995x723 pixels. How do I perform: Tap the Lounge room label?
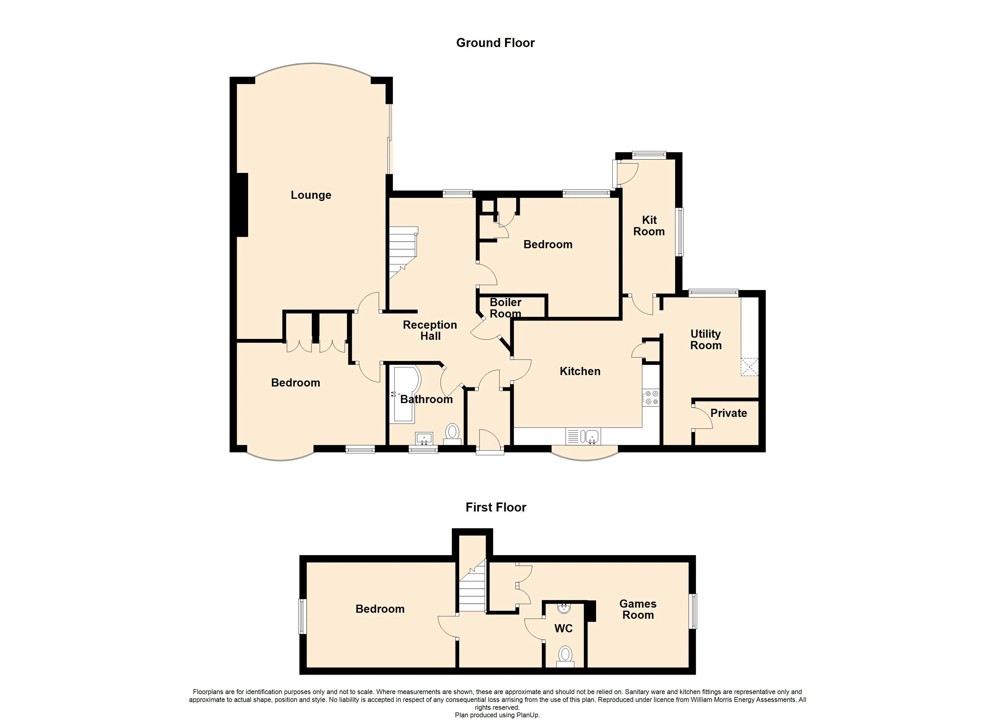[x=311, y=195]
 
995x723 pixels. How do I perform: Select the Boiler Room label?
[x=505, y=308]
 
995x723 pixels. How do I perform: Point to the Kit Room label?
[x=649, y=226]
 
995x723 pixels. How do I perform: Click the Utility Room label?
[x=706, y=340]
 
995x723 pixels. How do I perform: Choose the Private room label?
[x=729, y=413]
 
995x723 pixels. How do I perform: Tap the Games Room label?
[x=638, y=609]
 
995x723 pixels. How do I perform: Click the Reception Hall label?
[x=430, y=330]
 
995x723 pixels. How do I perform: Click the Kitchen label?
[x=580, y=371]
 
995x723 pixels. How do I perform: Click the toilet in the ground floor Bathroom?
[x=452, y=432]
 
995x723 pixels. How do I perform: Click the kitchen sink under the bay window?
[x=590, y=437]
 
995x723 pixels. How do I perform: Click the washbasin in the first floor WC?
[x=563, y=609]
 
